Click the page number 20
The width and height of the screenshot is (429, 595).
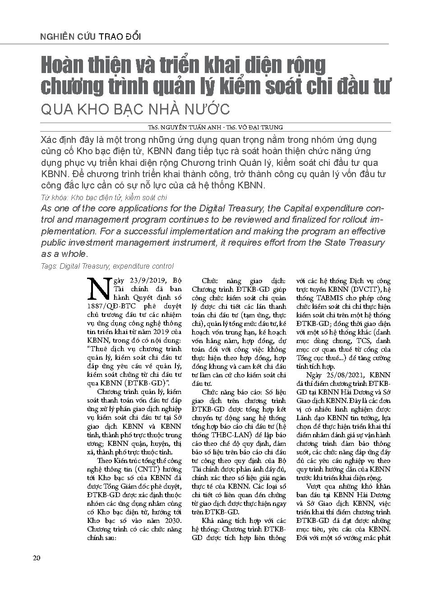(x=37, y=558)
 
